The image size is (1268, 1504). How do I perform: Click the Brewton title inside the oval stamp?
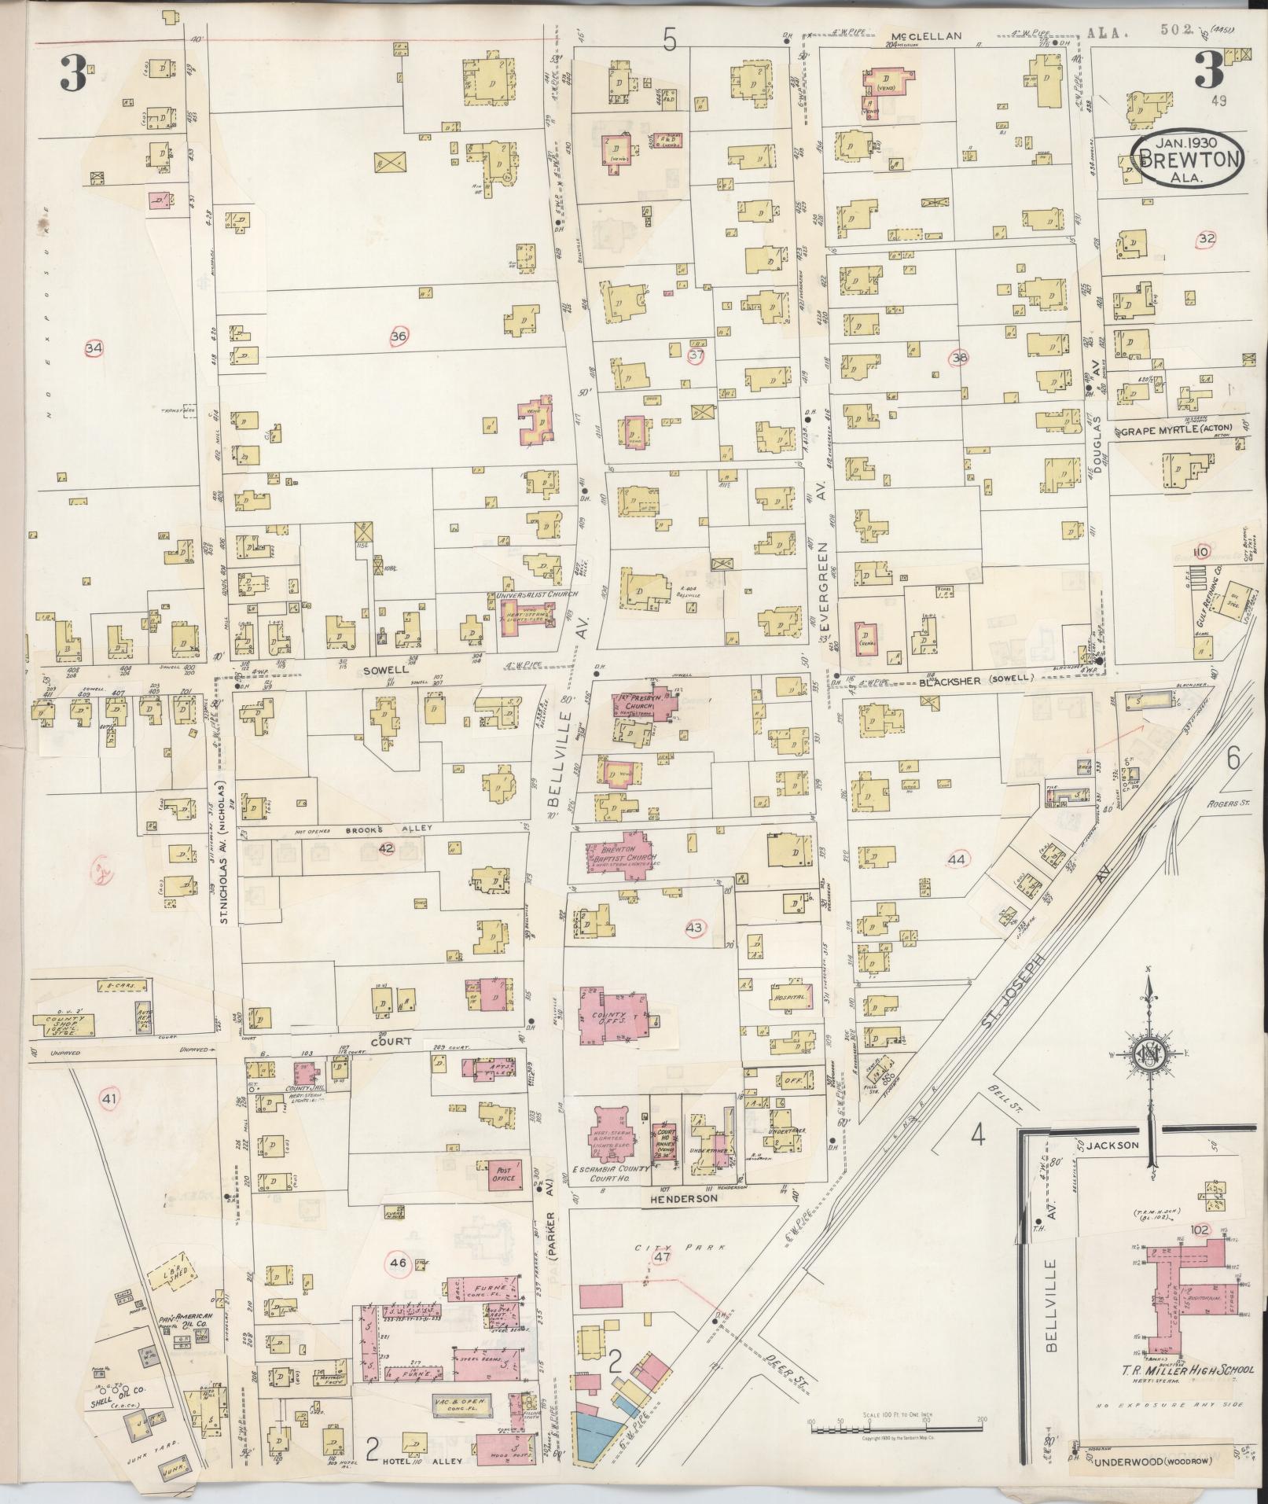click(1187, 160)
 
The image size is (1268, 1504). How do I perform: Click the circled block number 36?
click(399, 336)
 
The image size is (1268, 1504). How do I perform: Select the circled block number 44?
click(956, 860)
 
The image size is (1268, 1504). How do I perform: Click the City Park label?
click(659, 1246)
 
